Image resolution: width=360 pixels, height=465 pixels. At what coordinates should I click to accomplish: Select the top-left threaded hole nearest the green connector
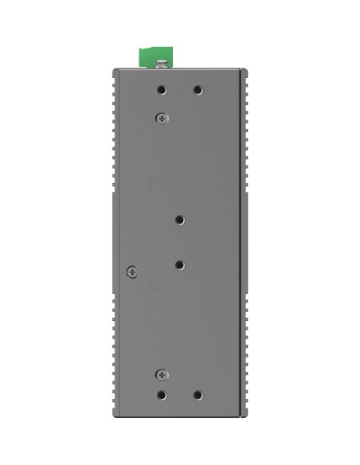(162, 91)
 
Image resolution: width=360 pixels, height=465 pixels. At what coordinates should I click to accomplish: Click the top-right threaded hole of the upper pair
(198, 91)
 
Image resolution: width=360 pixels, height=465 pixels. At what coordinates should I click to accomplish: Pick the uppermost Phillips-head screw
(162, 118)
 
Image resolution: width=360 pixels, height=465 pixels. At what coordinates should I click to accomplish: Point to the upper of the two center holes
(180, 219)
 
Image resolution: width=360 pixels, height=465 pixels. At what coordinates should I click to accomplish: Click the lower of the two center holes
(180, 264)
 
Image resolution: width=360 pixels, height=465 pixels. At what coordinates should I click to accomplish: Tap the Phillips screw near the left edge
(133, 272)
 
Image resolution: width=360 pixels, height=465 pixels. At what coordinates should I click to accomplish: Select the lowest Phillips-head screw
(162, 373)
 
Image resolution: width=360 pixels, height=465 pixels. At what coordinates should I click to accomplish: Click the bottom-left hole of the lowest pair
(162, 395)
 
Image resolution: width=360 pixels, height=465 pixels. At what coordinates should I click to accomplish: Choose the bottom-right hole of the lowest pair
(198, 395)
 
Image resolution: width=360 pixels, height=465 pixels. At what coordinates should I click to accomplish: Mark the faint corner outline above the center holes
(154, 185)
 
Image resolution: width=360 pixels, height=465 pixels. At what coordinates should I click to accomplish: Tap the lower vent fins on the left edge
(115, 350)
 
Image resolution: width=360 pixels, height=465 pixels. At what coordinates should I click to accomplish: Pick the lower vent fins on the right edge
(245, 350)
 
